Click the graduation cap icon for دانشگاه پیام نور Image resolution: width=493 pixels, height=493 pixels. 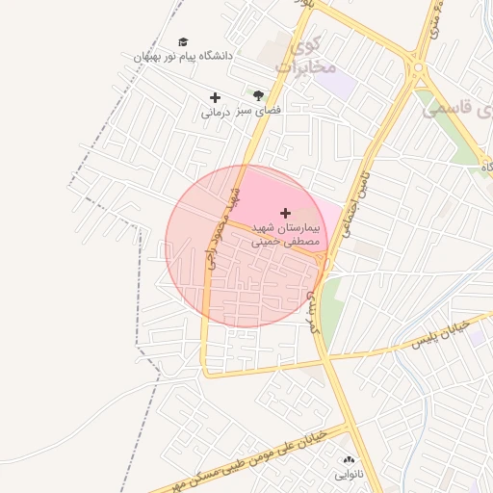183,41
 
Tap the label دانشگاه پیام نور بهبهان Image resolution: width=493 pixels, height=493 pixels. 183,57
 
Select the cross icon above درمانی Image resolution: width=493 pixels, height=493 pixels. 215,97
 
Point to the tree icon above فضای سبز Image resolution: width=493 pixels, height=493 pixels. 258,95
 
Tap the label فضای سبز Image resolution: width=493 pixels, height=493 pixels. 259,112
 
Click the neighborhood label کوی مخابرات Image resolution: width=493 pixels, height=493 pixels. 305,56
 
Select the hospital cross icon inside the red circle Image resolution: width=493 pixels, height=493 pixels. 284,212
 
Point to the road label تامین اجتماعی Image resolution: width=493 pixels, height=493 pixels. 353,203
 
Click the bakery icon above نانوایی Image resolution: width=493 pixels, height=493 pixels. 349,460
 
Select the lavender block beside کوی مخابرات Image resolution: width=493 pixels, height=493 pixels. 334,83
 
